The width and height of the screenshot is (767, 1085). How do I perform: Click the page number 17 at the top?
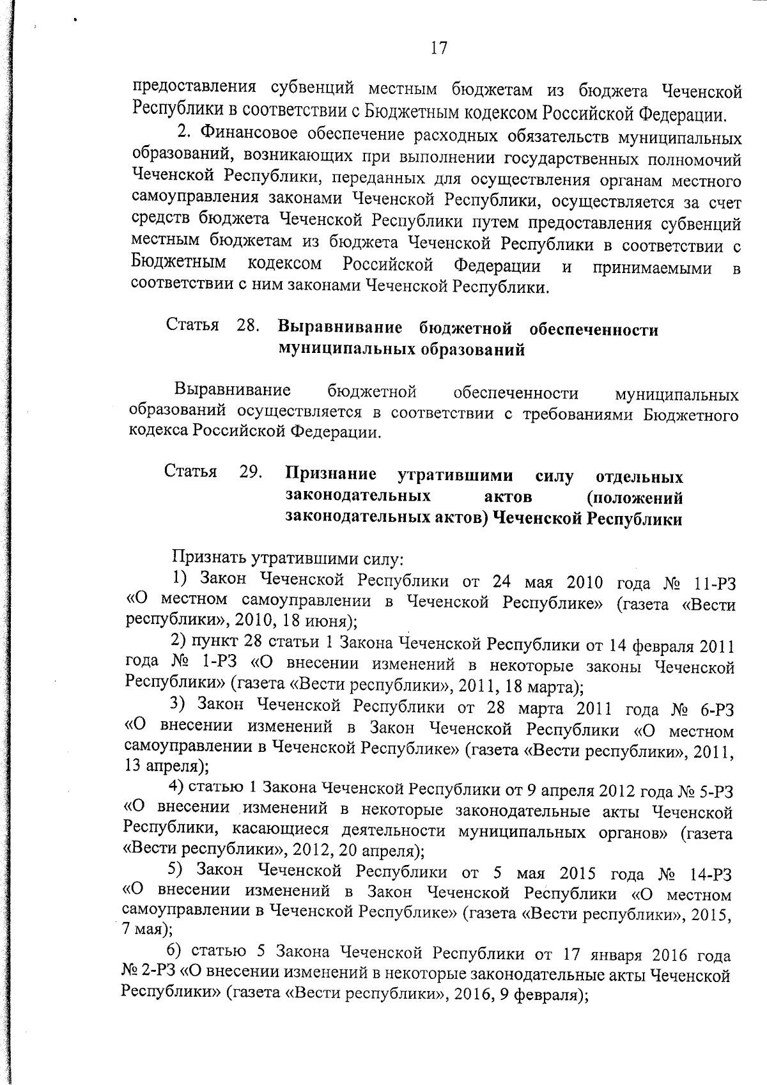pos(438,48)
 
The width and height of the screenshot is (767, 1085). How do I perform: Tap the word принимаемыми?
pos(652,268)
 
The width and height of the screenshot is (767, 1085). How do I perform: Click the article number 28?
pos(247,325)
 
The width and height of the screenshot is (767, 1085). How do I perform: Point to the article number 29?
pos(251,472)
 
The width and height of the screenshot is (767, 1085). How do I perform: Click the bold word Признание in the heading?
pos(330,474)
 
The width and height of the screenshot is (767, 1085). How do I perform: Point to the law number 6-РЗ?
pos(715,709)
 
